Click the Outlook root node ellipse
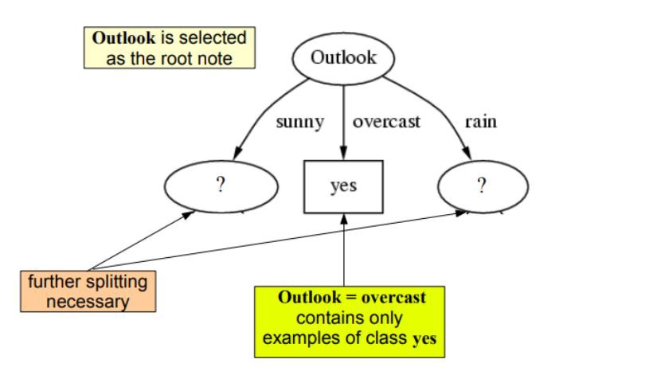(342, 57)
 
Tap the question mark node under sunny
(221, 185)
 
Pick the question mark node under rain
(482, 185)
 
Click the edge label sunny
(299, 123)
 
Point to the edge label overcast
(386, 123)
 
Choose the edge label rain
(480, 123)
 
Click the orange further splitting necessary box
(88, 291)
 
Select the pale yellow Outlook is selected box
(169, 48)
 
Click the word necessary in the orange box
(88, 302)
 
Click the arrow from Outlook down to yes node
(343, 119)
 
